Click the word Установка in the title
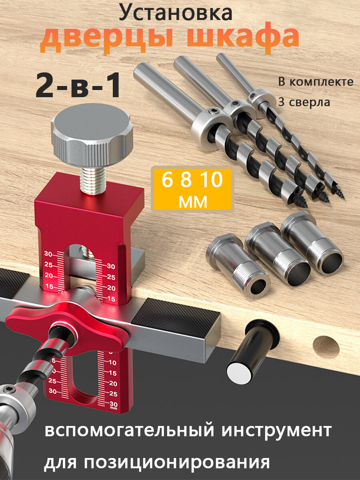pyautogui.click(x=176, y=13)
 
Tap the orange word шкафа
pyautogui.click(x=243, y=37)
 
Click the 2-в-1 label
pyautogui.click(x=78, y=86)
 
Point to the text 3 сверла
pyautogui.click(x=304, y=102)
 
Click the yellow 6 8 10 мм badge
pyautogui.click(x=192, y=189)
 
